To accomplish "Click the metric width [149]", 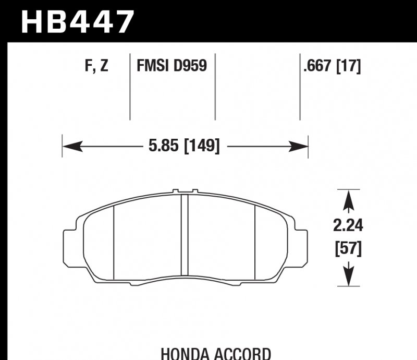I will tap(201, 146).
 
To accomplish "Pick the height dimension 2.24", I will tap(348, 226).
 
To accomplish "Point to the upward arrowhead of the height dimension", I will tap(348, 197).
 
